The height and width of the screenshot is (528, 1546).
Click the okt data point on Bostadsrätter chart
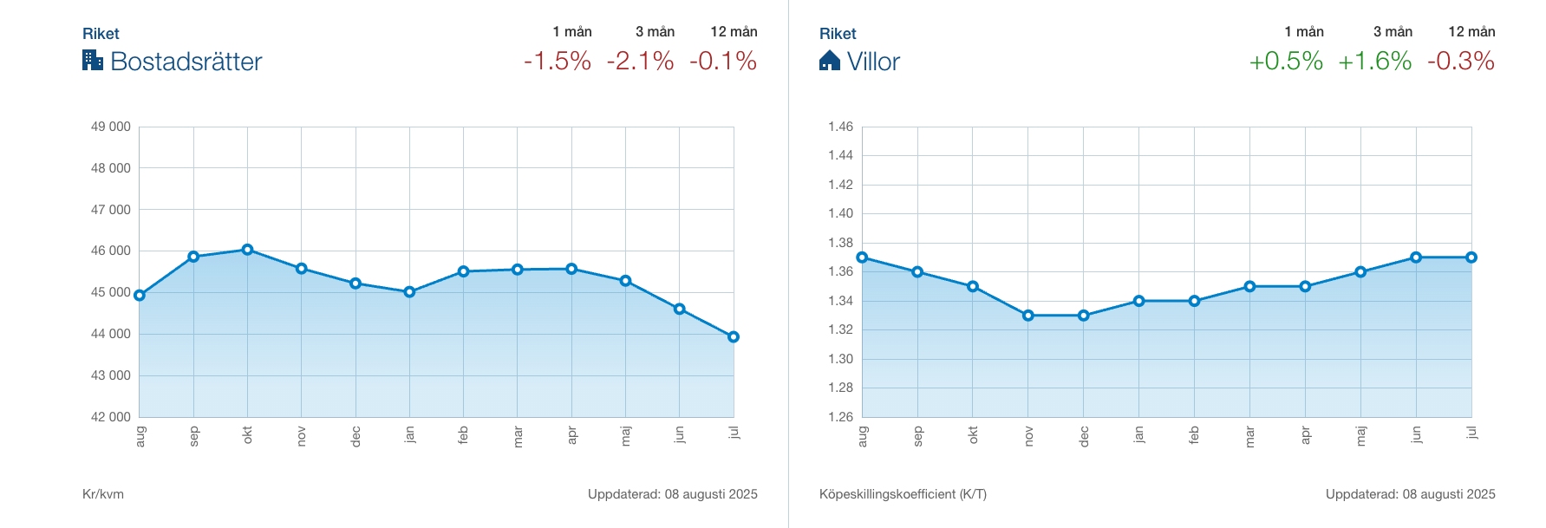247,250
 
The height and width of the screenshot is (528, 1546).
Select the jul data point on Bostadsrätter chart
734,336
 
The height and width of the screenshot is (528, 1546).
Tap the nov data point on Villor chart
1028,316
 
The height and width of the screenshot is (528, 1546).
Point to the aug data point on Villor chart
862,257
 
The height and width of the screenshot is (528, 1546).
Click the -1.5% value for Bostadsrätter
558,62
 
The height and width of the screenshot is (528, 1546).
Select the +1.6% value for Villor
1374,62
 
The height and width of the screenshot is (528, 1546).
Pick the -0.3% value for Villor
1460,62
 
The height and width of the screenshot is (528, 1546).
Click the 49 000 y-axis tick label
110,127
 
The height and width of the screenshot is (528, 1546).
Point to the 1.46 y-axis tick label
840,127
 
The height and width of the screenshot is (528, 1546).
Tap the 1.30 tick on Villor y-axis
840,359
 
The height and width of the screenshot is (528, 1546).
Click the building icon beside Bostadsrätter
93,60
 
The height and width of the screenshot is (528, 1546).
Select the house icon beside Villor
830,60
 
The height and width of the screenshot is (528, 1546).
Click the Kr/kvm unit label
103,494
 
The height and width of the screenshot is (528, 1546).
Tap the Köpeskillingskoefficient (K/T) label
903,494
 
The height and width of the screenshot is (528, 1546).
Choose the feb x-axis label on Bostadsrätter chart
463,435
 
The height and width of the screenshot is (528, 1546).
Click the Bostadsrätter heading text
186,62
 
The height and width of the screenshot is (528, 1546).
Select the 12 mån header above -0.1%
734,32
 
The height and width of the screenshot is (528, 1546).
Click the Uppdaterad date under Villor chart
1410,494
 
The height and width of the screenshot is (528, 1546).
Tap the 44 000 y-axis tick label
110,334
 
